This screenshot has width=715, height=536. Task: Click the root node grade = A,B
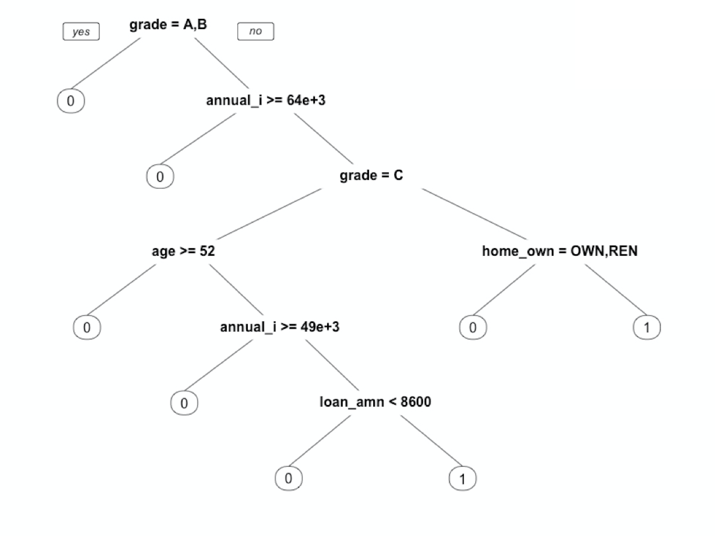tap(168, 25)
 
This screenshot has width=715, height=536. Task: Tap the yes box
tap(81, 32)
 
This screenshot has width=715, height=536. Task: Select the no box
tap(256, 31)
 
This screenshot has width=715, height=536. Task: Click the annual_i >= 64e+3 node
tap(266, 100)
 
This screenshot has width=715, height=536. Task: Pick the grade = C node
tap(371, 175)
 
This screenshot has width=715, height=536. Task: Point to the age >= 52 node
tap(183, 251)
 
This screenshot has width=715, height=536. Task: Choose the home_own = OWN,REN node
tap(560, 251)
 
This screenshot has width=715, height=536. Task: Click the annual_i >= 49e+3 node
tap(279, 326)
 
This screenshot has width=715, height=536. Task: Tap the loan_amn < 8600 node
tap(375, 402)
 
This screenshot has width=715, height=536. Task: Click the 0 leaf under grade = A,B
tap(71, 101)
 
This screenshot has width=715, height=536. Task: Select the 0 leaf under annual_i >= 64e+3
tap(160, 177)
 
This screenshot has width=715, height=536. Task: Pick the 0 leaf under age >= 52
tap(87, 327)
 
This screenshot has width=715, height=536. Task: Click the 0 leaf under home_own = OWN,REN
tap(473, 327)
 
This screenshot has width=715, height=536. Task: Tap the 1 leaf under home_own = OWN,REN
tap(646, 327)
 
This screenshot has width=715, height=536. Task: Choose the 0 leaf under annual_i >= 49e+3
tap(184, 403)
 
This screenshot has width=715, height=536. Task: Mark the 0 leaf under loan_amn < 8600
tap(289, 478)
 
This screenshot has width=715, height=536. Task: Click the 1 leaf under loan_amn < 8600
tap(462, 478)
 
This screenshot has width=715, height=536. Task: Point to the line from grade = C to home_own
tap(474, 214)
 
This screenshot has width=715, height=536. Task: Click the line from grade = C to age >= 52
tap(269, 214)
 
